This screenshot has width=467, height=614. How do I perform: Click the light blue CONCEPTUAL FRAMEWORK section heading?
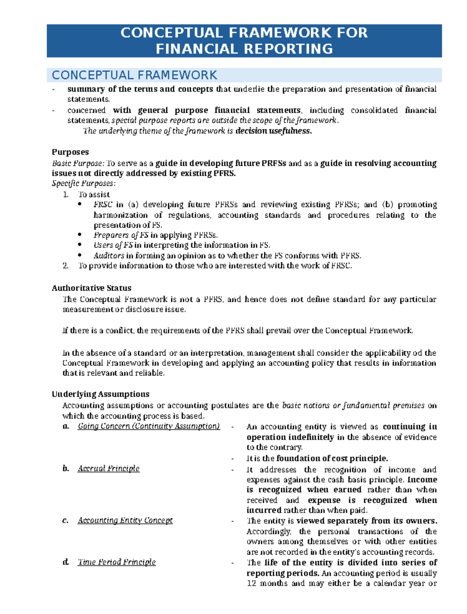(x=134, y=75)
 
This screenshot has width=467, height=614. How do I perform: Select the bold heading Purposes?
(x=70, y=152)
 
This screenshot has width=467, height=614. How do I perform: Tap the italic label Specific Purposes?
(x=84, y=184)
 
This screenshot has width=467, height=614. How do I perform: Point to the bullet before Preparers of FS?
(x=80, y=235)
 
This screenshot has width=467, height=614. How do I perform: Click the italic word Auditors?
(x=109, y=255)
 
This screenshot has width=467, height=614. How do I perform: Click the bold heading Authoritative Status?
(x=91, y=288)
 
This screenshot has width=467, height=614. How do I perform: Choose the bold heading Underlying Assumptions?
(x=100, y=394)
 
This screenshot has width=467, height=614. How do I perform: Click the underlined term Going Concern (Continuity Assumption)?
(x=149, y=426)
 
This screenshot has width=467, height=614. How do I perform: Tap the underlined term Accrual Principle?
(x=109, y=469)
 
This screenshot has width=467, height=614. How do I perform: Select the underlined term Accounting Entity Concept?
(x=125, y=520)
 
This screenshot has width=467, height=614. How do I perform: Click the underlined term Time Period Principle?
(x=117, y=562)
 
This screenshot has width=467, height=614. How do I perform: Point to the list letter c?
(x=65, y=521)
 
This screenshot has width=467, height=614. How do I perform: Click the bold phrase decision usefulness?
(x=274, y=131)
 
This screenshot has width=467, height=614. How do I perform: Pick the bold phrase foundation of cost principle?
(x=332, y=458)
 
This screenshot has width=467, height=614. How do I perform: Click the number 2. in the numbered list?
(x=65, y=266)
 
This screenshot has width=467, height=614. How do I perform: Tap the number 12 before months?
(x=251, y=583)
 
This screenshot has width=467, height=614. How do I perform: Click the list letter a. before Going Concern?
(x=66, y=427)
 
